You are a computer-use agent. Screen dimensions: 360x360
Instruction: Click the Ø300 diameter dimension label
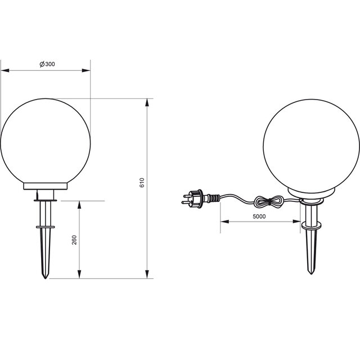(47, 64)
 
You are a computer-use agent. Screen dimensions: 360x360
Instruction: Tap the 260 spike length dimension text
(74, 241)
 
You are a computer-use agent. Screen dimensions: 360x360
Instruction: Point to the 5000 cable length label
(259, 216)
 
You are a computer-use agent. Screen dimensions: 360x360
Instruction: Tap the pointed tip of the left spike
(46, 277)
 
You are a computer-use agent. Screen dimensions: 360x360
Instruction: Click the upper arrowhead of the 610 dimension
(148, 103)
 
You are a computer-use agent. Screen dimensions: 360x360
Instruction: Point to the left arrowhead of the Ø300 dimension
(4, 70)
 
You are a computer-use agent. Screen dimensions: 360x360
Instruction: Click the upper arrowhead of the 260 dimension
(79, 204)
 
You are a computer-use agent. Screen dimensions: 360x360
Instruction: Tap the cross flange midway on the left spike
(46, 227)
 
